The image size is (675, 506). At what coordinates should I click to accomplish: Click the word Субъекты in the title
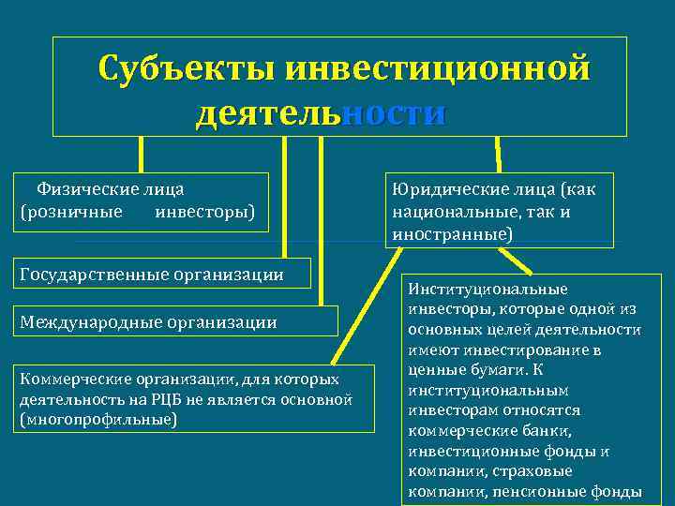pyautogui.click(x=187, y=68)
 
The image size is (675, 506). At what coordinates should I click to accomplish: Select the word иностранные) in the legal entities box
pyautogui.click(x=453, y=233)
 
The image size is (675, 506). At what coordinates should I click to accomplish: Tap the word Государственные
pyautogui.click(x=89, y=275)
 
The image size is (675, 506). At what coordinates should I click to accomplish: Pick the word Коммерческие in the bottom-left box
pyautogui.click(x=69, y=379)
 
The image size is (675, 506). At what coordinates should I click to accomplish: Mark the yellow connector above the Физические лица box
pyautogui.click(x=142, y=155)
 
